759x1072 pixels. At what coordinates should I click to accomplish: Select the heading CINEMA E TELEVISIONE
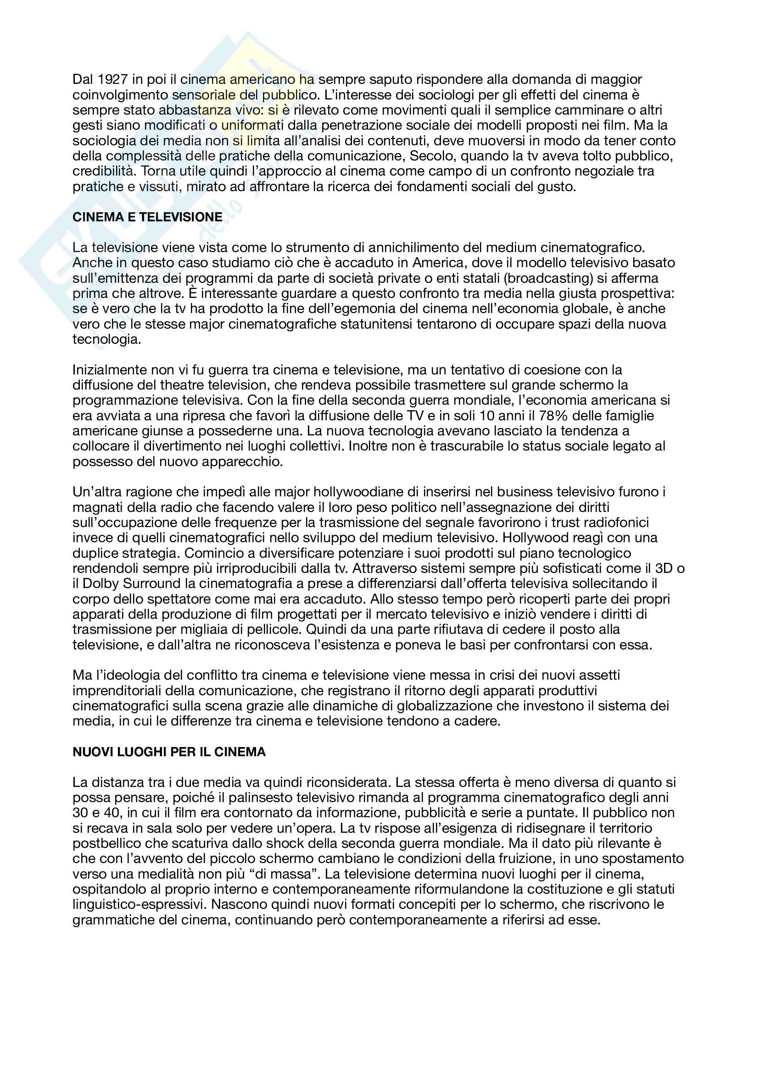pyautogui.click(x=147, y=217)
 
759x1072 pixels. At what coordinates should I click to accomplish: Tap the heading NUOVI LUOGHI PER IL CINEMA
pyautogui.click(x=169, y=752)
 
